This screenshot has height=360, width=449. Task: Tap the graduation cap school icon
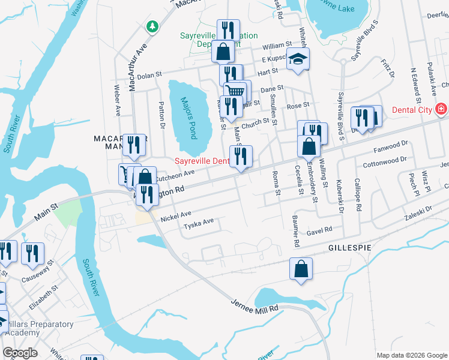297,59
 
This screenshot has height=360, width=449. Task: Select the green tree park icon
153,26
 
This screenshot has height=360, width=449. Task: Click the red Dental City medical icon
441,109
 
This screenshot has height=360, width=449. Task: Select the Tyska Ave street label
199,223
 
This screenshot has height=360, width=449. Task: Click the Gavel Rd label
319,230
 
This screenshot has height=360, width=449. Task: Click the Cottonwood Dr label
385,161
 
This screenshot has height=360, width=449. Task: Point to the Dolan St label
150,76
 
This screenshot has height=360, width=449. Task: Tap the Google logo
20,353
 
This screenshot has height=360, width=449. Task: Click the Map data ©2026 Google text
411,355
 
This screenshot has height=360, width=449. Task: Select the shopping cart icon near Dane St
235,91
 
